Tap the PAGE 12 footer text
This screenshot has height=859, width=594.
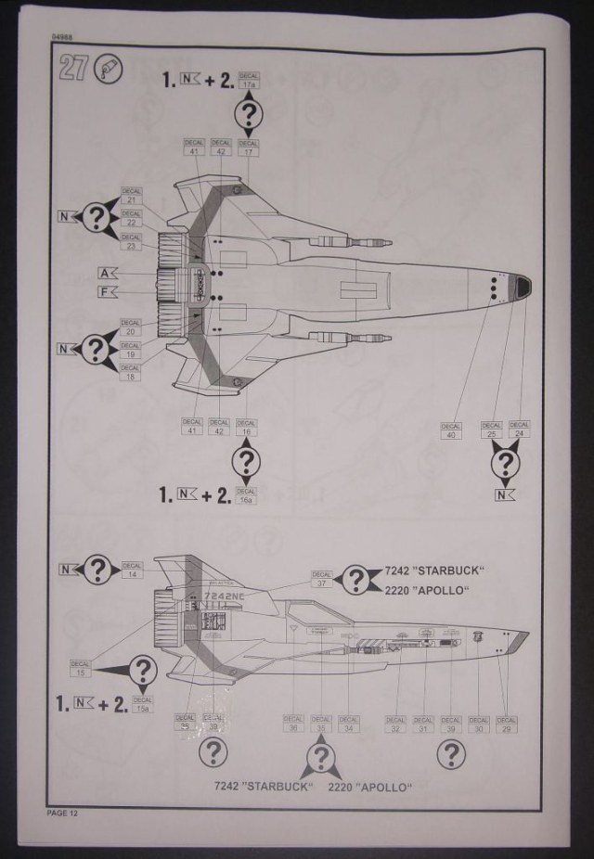pos(64,813)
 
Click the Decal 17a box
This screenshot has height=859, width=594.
pos(248,81)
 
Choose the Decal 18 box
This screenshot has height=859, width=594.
pos(131,374)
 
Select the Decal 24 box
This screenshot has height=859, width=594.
pos(520,429)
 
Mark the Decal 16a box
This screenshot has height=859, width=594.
pos(246,496)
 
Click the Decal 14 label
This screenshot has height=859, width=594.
pos(131,571)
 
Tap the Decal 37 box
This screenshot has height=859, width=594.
pos(321,581)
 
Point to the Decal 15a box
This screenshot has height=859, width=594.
pos(142,706)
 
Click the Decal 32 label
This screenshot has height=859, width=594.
pos(395,724)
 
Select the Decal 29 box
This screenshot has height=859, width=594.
pos(506,724)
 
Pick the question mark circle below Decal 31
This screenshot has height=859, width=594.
pos(450,755)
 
